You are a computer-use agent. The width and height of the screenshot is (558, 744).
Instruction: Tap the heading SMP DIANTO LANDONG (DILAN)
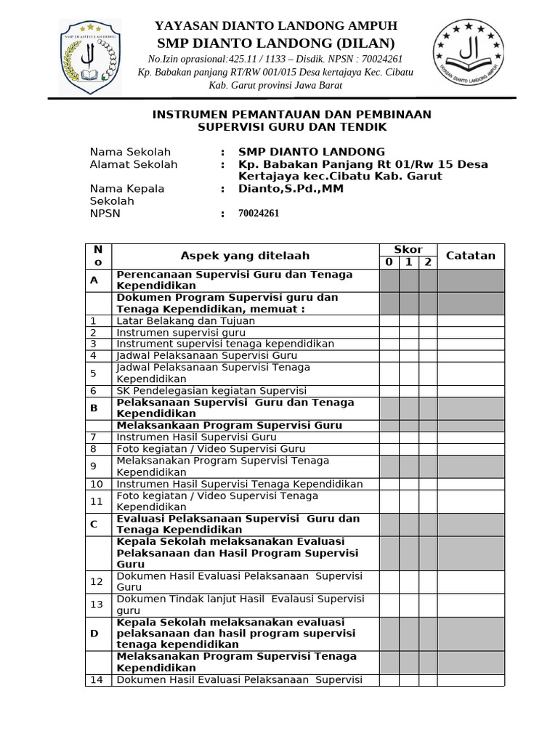click(x=275, y=43)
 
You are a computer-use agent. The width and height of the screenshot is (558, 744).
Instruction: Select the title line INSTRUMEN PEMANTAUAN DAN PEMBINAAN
click(x=291, y=115)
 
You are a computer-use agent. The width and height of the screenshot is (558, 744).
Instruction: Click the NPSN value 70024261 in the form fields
click(x=259, y=214)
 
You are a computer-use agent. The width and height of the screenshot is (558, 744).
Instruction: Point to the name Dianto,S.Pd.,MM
click(x=291, y=189)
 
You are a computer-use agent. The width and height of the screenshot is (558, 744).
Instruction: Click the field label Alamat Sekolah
click(x=133, y=165)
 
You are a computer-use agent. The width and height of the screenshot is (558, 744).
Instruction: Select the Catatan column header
click(x=470, y=256)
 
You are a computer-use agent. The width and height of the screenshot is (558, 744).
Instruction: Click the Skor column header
click(x=408, y=249)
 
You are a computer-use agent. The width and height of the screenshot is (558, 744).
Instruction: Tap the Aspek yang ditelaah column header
click(x=245, y=256)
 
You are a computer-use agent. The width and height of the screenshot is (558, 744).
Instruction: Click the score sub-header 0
click(x=389, y=262)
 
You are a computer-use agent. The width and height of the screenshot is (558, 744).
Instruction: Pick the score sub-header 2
click(x=428, y=262)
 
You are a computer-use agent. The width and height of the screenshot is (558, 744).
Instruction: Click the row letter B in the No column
click(x=94, y=408)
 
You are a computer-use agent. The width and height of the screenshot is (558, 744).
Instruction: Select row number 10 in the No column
click(x=97, y=484)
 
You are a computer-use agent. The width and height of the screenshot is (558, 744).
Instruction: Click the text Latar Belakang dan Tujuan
click(x=186, y=320)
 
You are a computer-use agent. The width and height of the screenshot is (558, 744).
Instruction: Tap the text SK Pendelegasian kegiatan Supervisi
click(x=211, y=391)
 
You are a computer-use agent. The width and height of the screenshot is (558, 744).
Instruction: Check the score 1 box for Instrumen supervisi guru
click(x=408, y=332)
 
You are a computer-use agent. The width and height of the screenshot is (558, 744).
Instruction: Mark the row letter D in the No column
click(x=94, y=634)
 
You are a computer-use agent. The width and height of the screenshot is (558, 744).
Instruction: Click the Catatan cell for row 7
click(x=470, y=437)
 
